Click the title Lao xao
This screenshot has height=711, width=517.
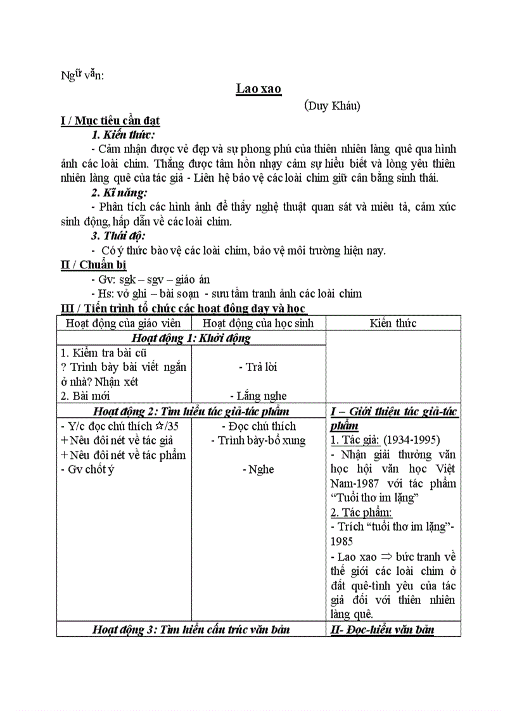pos(258,89)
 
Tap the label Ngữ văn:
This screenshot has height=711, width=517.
pos(82,75)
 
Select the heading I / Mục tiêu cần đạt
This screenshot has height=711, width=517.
pos(110,121)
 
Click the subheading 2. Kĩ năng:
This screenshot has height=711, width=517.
pos(120,192)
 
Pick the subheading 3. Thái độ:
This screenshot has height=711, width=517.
pos(119,236)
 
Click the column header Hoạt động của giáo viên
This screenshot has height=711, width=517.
pos(124,324)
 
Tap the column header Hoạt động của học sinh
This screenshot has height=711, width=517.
pos(258,324)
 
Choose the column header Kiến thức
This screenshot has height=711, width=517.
pos(393,324)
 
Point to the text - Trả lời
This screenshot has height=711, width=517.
pos(258,367)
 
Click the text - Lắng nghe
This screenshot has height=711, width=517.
pos(258,396)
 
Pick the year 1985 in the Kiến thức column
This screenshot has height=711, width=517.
pos(341,541)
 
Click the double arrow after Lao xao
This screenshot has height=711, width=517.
pos(385,557)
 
